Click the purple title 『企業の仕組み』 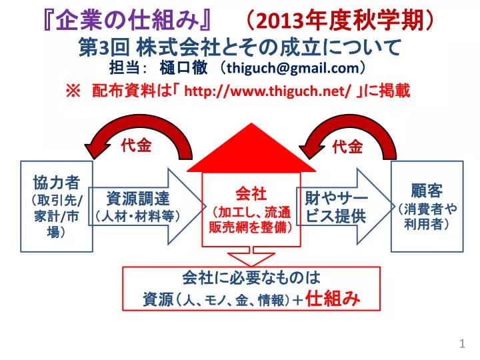pos(127,21)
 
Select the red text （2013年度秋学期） pos(339,21)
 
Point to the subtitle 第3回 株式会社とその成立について pos(240,48)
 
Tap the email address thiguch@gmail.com pos(293,68)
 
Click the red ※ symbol pos(73,91)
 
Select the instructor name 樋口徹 pos(183,68)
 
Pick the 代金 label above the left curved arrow pos(136,146)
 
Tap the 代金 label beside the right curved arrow pos(347,147)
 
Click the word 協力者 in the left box pos(57,183)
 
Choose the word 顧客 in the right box pos(427,191)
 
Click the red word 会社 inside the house pos(251,193)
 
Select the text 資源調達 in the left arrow pos(138,199)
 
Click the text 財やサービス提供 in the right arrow pos(337,207)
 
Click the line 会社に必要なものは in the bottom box pos(251,277)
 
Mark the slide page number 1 pos(462,343)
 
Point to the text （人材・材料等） pos(137,217)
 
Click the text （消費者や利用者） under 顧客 pos(427,217)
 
